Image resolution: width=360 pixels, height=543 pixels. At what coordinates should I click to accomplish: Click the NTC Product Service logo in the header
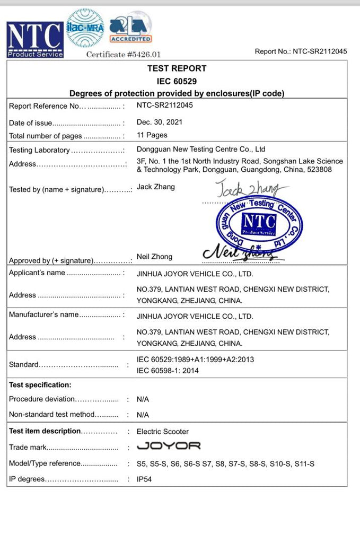(x=35, y=40)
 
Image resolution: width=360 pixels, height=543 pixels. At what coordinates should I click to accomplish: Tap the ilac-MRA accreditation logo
(x=85, y=29)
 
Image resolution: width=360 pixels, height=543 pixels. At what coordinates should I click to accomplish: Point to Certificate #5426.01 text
(x=123, y=54)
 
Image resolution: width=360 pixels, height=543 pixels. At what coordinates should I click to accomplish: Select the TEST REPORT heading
(x=177, y=68)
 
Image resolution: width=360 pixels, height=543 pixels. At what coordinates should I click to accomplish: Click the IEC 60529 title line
(x=177, y=81)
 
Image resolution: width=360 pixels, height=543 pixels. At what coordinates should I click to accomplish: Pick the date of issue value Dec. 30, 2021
(x=160, y=122)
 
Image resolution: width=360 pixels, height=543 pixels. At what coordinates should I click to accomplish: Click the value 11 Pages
(x=152, y=135)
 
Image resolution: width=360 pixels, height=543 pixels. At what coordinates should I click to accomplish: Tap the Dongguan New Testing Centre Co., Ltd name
(x=201, y=149)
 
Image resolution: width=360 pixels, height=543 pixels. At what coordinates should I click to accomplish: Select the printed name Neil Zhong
(x=154, y=257)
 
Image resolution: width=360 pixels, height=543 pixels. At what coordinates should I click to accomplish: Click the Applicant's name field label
(x=37, y=273)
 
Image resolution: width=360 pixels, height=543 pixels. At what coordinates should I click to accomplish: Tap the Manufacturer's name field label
(x=43, y=314)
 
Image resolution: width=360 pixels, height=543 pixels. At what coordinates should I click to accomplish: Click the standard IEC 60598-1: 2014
(x=168, y=371)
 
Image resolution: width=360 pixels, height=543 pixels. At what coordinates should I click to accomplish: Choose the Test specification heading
(x=40, y=385)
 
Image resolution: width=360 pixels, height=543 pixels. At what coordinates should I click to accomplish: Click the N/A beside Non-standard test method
(x=143, y=415)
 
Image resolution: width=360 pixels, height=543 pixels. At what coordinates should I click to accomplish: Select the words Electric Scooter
(x=163, y=432)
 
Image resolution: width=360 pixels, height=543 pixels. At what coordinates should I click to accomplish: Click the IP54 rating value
(x=145, y=479)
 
